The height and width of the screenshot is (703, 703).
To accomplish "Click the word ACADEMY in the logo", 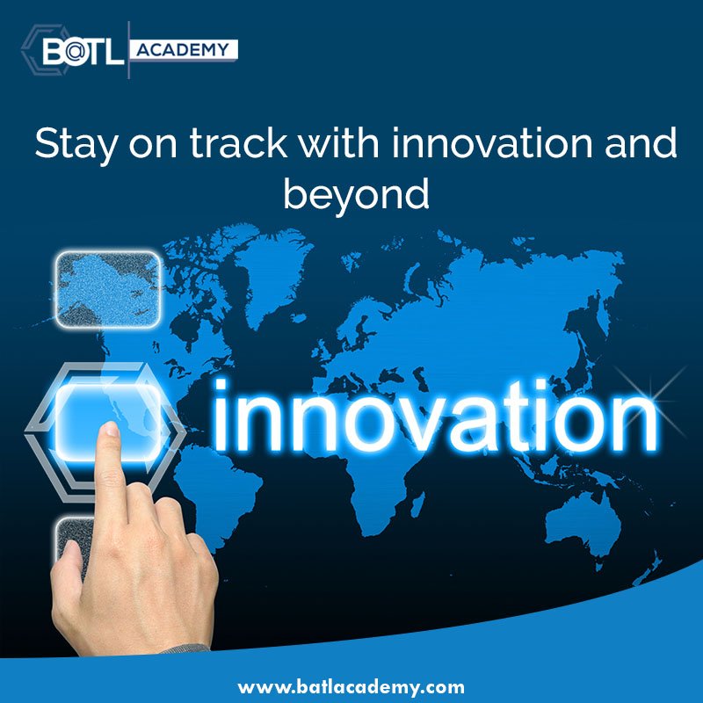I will click(x=184, y=49).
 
